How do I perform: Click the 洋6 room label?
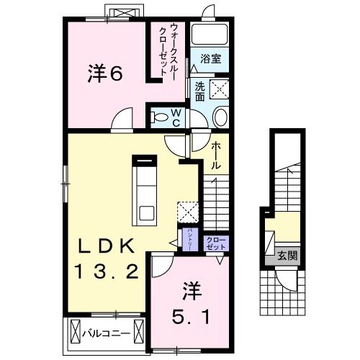[x=104, y=73]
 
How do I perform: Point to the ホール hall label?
[x=215, y=154]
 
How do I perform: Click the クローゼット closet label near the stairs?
[x=215, y=243]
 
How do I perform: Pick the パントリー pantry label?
[x=184, y=237]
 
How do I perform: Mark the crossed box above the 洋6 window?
[x=121, y=14]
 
